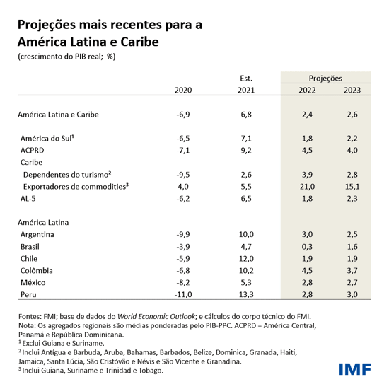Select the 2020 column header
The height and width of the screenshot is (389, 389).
(x=183, y=90)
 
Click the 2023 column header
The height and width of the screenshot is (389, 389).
(x=352, y=90)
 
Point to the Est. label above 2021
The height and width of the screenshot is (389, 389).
(x=246, y=77)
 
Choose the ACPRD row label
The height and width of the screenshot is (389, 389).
(x=33, y=150)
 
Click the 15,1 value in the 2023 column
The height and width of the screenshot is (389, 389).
(x=352, y=187)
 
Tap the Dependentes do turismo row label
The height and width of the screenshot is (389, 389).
(x=68, y=174)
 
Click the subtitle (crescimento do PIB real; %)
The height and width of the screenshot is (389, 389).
(x=66, y=57)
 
